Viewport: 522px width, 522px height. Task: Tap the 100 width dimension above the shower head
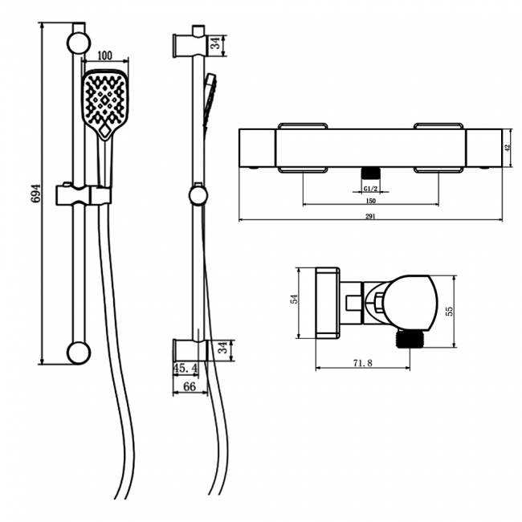(x=104, y=56)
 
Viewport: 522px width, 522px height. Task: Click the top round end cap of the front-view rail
(x=79, y=43)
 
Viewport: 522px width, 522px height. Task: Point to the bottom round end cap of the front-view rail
(x=79, y=351)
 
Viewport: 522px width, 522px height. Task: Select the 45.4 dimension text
(x=186, y=369)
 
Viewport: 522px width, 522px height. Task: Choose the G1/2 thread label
(x=370, y=189)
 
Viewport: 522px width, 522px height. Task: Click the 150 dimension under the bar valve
(x=370, y=202)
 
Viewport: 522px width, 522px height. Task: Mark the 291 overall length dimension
(x=370, y=216)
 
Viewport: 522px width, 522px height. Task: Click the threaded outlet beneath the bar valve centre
(x=370, y=173)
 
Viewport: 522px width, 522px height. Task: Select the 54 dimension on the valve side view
(x=295, y=298)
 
